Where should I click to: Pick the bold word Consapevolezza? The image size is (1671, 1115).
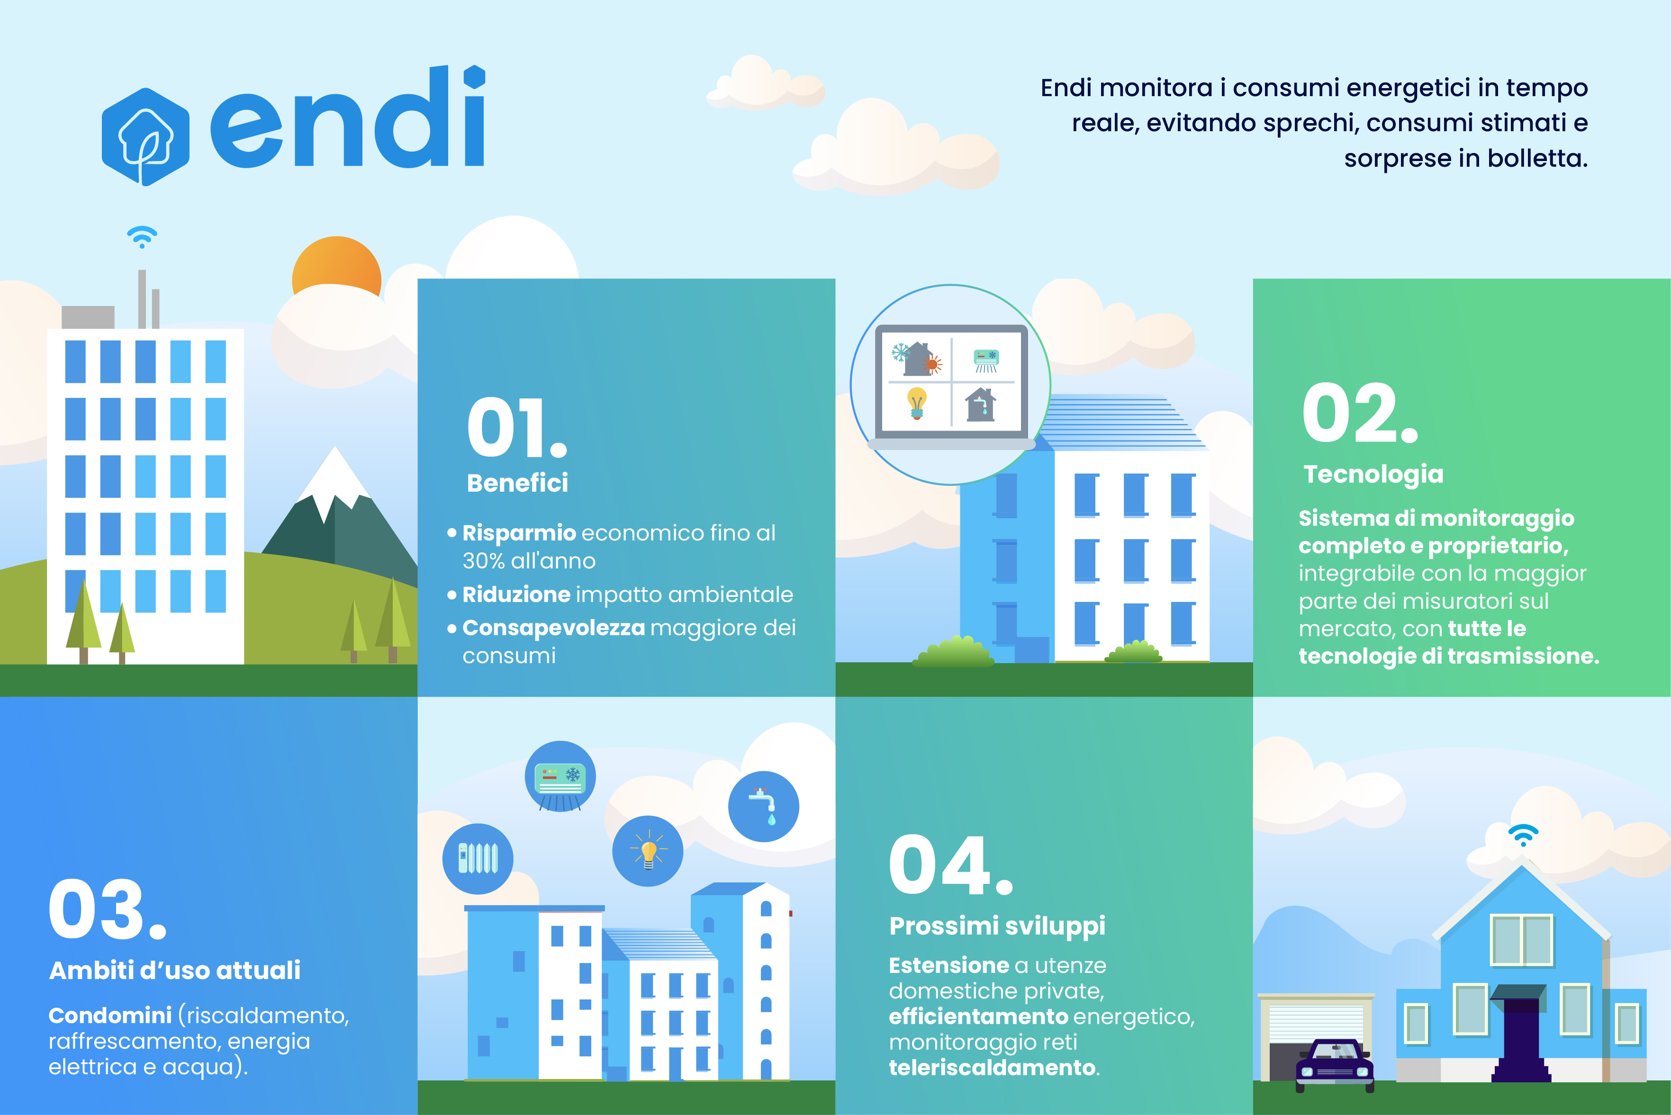[554, 628]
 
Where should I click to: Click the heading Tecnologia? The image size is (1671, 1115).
[1373, 474]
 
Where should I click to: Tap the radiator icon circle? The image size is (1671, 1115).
[478, 858]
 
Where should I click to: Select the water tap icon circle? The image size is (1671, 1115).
[764, 806]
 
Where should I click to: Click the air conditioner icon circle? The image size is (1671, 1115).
[560, 776]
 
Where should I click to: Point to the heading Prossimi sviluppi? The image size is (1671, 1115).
[997, 926]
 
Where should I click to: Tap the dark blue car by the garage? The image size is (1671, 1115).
[1335, 1064]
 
